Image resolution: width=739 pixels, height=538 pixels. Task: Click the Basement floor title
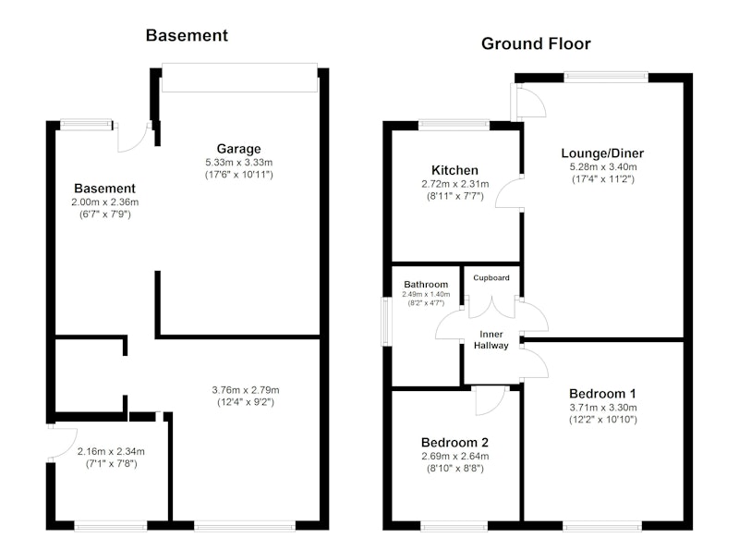click(187, 35)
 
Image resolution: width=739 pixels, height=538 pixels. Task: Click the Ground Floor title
click(536, 43)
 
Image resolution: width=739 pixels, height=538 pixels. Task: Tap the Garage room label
click(238, 149)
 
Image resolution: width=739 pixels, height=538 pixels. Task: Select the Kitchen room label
click(454, 170)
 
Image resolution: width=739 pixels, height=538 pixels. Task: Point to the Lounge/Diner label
click(602, 153)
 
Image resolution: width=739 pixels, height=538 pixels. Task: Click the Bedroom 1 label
click(603, 394)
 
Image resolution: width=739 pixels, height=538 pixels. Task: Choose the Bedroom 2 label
click(454, 443)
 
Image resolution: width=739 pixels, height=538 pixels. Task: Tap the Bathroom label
click(426, 285)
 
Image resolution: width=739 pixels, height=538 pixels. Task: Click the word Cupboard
click(491, 277)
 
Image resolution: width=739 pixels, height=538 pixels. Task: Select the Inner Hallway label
click(491, 340)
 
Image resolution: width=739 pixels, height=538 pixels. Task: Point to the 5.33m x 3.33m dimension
click(238, 163)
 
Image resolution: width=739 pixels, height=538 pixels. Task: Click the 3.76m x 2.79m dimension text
click(246, 390)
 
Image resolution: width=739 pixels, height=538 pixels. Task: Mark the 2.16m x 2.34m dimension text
click(111, 452)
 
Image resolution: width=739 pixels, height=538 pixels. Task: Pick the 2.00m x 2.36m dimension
click(105, 202)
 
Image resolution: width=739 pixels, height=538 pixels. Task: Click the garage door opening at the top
click(239, 78)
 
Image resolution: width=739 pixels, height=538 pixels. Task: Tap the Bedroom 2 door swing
click(491, 401)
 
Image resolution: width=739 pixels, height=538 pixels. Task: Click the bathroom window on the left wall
click(386, 321)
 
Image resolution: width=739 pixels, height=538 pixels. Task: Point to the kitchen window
click(454, 125)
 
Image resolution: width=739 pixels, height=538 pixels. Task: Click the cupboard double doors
click(491, 307)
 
